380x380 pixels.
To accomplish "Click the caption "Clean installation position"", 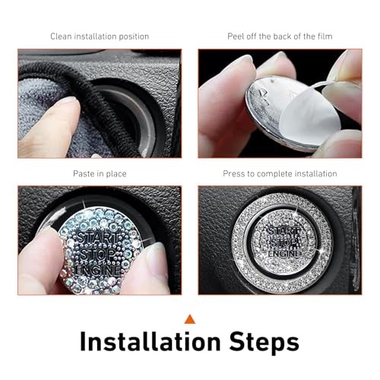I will click(x=100, y=36).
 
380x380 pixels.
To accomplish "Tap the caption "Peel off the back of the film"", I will click(x=280, y=36).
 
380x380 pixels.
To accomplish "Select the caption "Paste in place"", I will click(x=100, y=174).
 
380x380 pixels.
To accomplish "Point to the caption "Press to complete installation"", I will click(x=280, y=174).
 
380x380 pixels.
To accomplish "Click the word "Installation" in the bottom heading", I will click(x=149, y=342).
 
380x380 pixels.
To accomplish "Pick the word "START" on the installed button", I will click(x=283, y=228).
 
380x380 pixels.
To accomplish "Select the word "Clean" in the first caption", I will click(x=62, y=36).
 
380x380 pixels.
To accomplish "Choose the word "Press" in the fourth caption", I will click(x=234, y=174).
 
